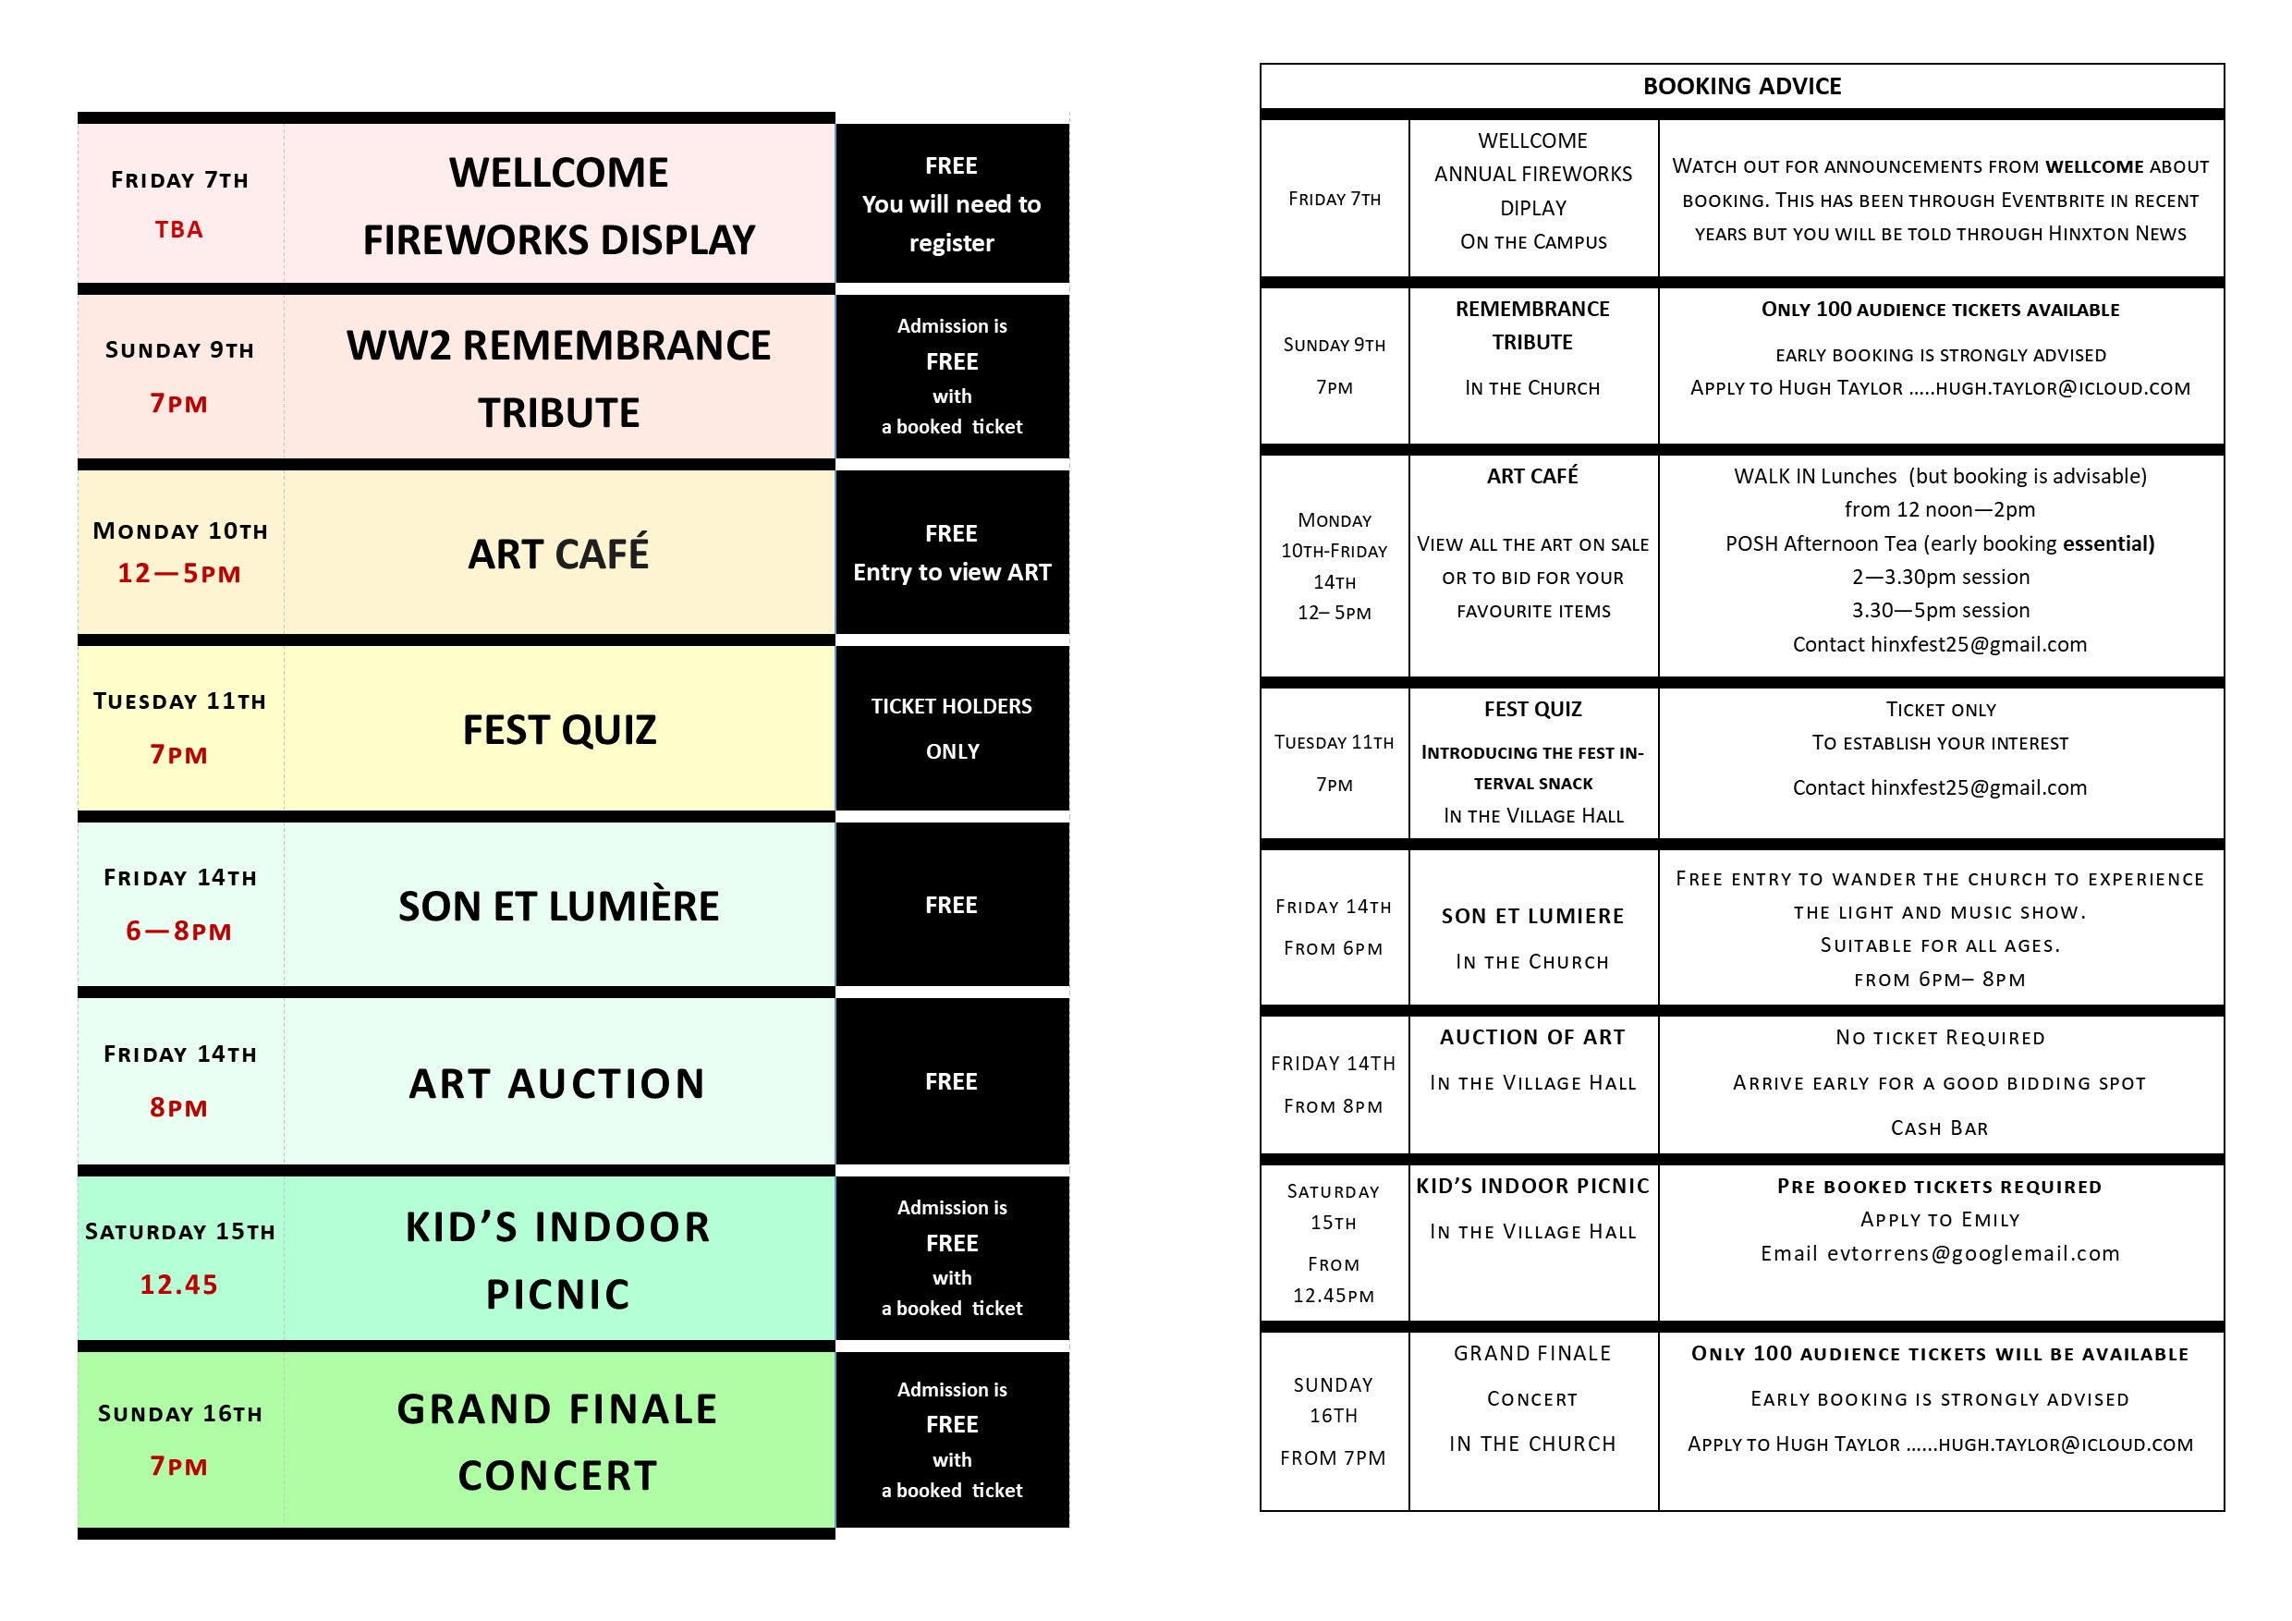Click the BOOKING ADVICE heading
[x=1742, y=87]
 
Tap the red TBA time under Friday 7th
[x=179, y=229]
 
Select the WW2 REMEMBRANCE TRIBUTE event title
[x=558, y=378]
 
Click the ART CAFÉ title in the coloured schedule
[x=558, y=554]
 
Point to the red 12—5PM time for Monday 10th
[x=179, y=574]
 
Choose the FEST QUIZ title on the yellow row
[x=559, y=730]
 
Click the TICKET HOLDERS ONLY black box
[x=951, y=727]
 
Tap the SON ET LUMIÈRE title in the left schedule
[x=558, y=907]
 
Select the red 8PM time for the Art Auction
[x=179, y=1108]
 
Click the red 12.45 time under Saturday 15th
[x=179, y=1285]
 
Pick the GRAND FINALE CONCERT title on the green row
[x=557, y=1443]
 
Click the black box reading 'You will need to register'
[x=951, y=203]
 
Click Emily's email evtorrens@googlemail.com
[x=1972, y=1254]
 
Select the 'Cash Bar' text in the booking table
[x=1940, y=1127]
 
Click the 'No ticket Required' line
[x=1940, y=1038]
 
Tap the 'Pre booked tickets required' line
[x=1940, y=1187]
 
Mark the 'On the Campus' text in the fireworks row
[x=1533, y=241]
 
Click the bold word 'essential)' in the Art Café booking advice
[x=2108, y=544]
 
